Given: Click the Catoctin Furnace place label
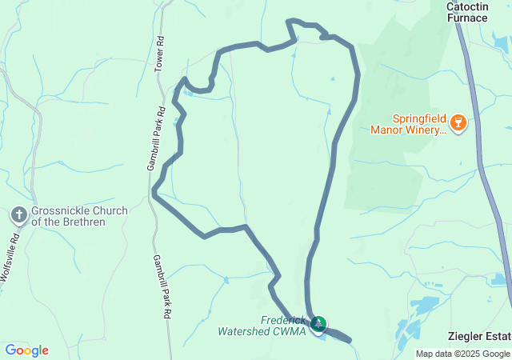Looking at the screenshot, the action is tap(473, 11).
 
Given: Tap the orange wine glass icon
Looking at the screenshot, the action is tap(458, 122).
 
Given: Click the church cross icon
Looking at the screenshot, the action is tap(19, 214).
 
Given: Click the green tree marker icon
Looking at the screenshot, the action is tap(318, 324).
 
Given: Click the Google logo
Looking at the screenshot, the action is tap(26, 350).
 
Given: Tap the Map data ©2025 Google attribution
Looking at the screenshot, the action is tap(462, 354).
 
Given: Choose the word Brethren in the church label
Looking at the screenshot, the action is tap(82, 222).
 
